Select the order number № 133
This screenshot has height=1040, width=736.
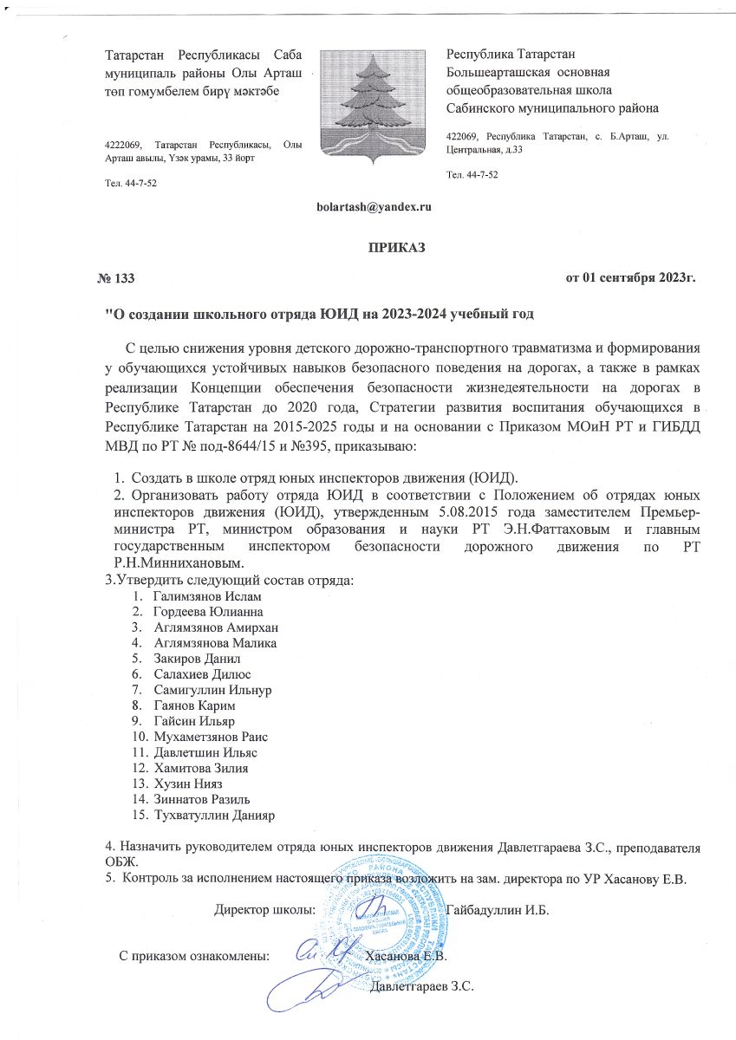(116, 278)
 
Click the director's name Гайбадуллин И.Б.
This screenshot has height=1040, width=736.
(501, 910)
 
